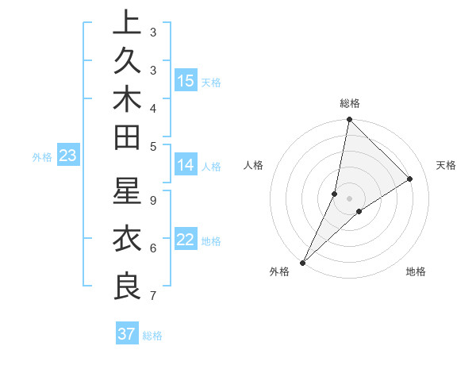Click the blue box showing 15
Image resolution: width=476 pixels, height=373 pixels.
point(186,80)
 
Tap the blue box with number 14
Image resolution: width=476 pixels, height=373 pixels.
point(186,165)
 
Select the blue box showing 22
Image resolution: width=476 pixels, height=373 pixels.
point(186,240)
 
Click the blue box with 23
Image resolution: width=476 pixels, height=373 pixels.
point(67,156)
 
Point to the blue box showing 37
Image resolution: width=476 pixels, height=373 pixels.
point(127,334)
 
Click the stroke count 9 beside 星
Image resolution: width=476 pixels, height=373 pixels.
point(152,200)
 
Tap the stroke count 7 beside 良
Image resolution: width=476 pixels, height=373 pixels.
point(152,296)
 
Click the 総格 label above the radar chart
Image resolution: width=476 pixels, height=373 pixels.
point(349,103)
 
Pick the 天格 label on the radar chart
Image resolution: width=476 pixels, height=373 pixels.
point(446,165)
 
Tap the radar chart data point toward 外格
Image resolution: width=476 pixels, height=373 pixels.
point(302,263)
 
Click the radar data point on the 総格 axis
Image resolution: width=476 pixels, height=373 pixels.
point(349,120)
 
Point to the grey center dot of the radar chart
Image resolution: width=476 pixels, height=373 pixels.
point(349,198)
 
